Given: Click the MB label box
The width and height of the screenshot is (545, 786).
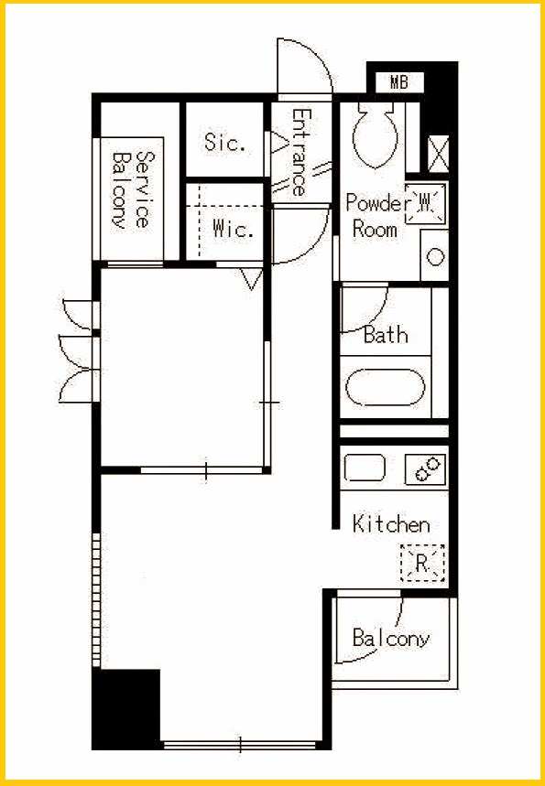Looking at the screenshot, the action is coord(399,82).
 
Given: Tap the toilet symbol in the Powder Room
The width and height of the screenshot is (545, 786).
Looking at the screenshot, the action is coord(375,135).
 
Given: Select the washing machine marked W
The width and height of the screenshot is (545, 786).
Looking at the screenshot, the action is coord(425,203).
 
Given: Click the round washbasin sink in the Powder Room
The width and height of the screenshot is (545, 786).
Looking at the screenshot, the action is coord(435,256).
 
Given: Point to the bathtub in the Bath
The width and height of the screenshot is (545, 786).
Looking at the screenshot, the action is coord(385,387).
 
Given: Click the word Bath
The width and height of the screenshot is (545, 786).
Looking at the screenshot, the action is coord(386,334).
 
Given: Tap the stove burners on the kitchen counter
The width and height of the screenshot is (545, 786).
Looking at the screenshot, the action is coord(426,469).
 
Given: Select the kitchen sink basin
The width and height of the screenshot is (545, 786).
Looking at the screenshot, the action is coord(365,468).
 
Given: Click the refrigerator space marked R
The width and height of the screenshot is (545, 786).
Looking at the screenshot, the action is coord(422,563).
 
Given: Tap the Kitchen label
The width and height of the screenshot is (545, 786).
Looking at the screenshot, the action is coord(391,523).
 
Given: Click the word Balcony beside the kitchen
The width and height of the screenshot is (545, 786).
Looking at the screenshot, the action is coord(391,638).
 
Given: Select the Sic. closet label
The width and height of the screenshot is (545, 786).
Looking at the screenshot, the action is coord(225,143).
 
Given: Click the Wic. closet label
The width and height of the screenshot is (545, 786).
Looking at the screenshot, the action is coord(232,229).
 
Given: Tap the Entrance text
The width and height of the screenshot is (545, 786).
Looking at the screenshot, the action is coord(301,152).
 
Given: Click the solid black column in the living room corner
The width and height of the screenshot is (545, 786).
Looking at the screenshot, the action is coord(126,709).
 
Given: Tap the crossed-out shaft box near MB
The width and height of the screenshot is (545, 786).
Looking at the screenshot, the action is coord(438,154).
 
